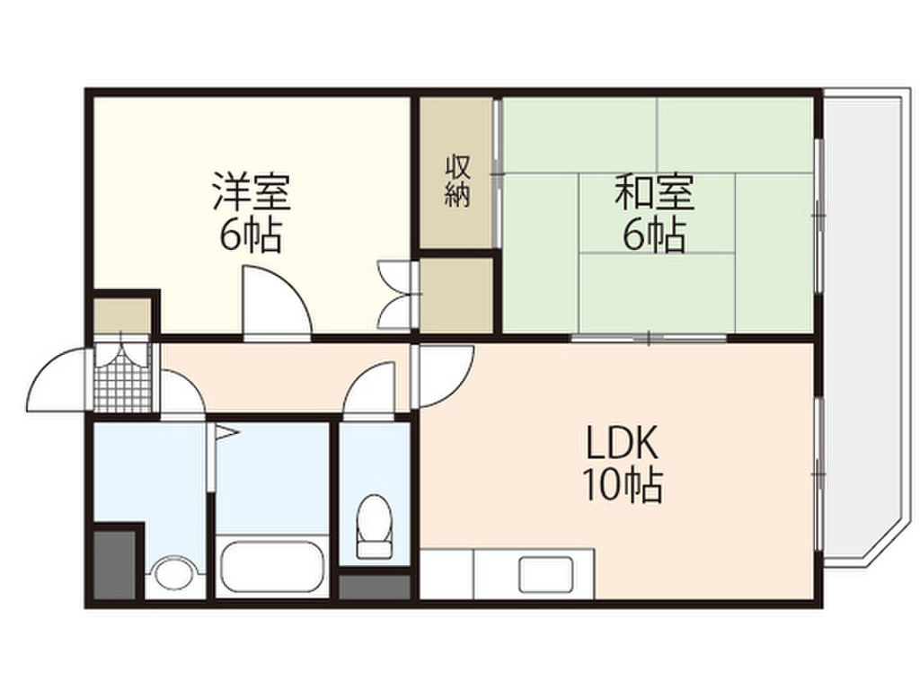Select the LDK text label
[x=624, y=442]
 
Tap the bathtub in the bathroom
[x=270, y=565]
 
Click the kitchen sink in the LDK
[x=545, y=573]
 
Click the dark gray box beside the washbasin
[x=115, y=564]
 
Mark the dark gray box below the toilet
[x=375, y=588]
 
